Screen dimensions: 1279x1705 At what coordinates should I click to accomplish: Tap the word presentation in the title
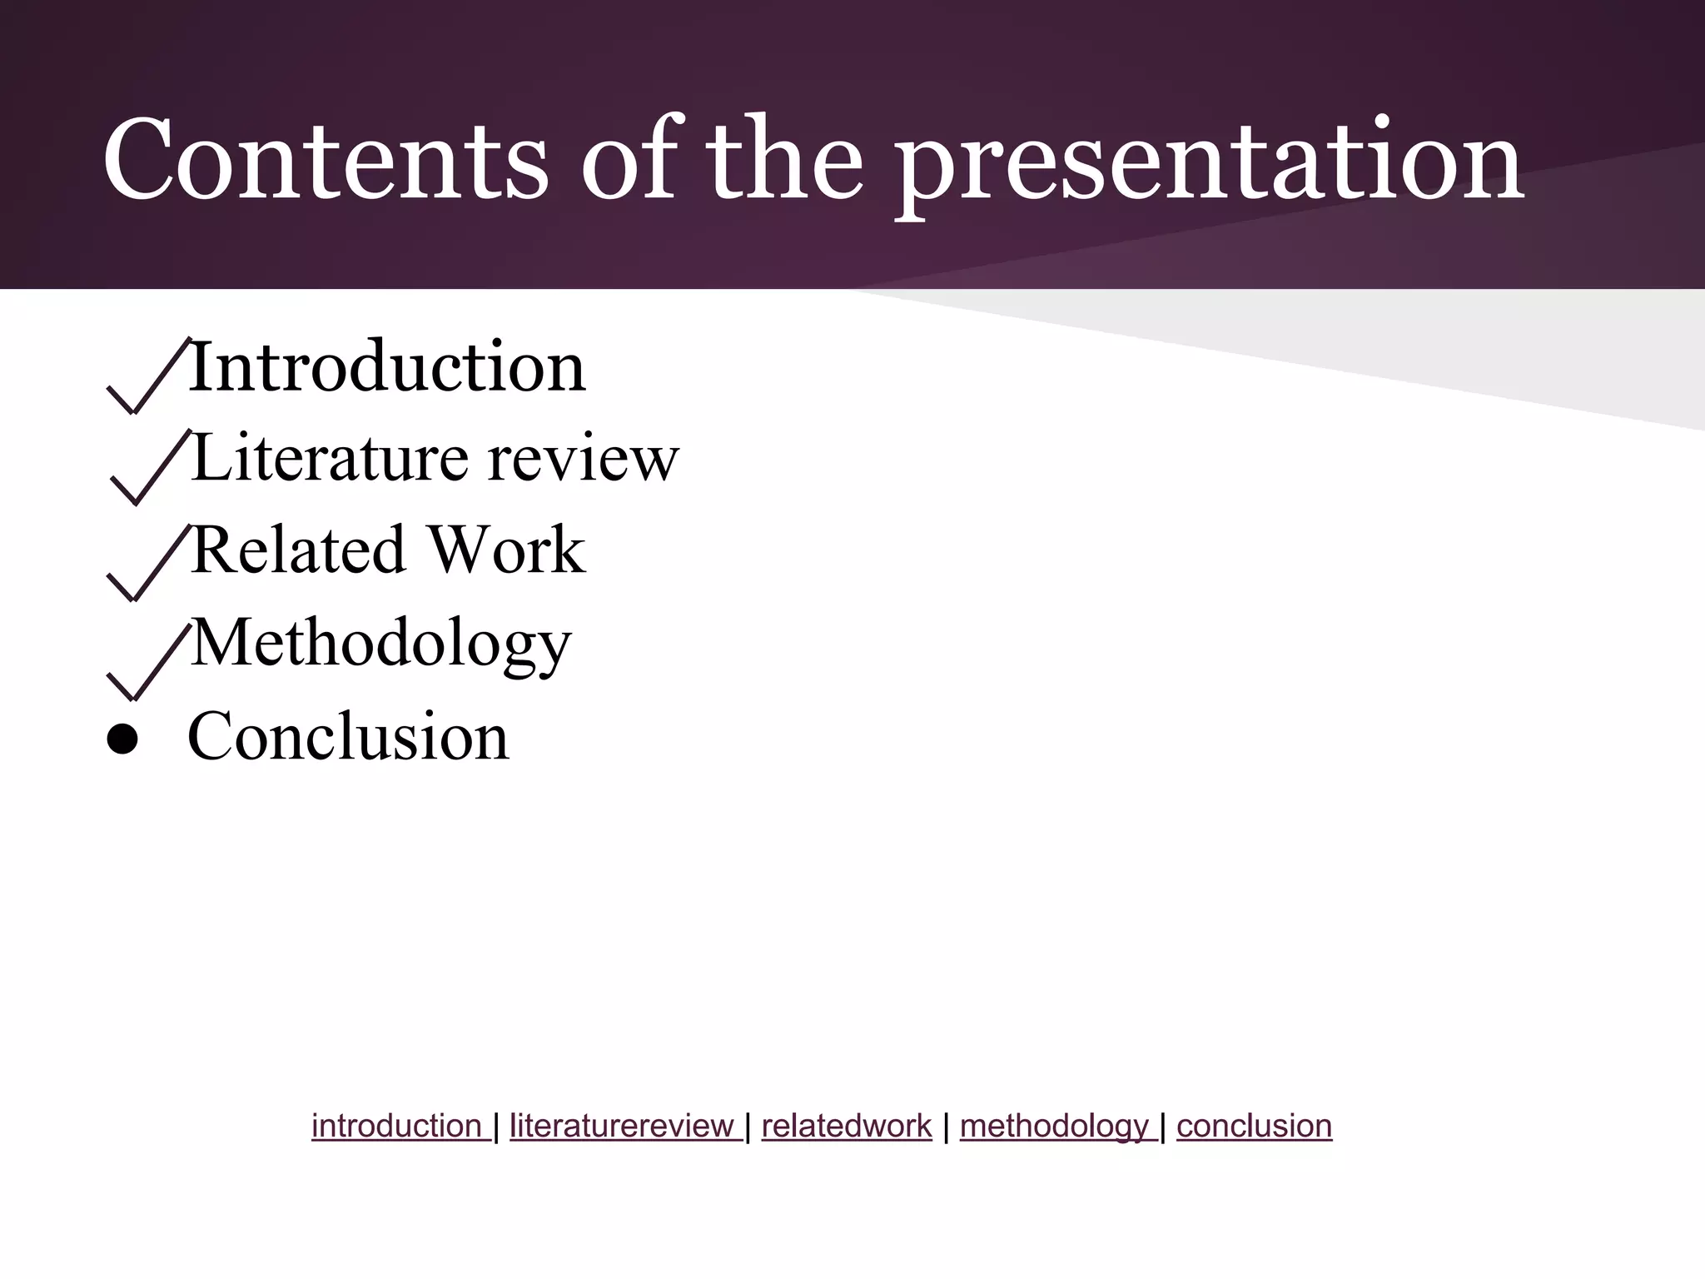click(1210, 163)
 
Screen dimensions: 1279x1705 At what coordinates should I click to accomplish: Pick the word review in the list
click(583, 460)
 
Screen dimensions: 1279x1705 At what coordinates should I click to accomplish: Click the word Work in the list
click(506, 550)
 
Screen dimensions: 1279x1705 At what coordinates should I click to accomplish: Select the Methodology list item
click(380, 644)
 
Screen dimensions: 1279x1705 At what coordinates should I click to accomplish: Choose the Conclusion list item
click(348, 737)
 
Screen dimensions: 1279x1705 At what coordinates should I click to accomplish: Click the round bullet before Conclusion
click(122, 739)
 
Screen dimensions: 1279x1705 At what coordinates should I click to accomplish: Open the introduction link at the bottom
click(396, 1126)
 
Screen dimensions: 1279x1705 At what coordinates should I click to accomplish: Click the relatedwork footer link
click(846, 1126)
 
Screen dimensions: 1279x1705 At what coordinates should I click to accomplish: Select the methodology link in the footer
click(1054, 1126)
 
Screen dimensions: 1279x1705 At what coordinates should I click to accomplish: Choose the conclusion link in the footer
click(1254, 1126)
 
